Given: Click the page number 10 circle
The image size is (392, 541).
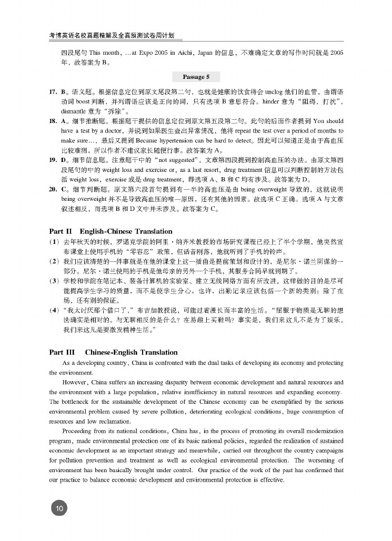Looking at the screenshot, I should click(58, 508).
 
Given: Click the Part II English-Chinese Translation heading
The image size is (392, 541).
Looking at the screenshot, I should click(110, 231).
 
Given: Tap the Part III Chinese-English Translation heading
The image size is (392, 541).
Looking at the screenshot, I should click(113, 352).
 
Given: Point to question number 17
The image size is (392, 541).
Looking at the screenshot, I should click(53, 92).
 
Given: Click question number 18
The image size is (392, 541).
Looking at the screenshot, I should click(53, 121).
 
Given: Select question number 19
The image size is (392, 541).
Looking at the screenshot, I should click(53, 159).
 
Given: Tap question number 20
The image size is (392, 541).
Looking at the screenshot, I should click(53, 188).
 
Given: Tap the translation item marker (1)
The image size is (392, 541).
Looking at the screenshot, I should click(54, 242).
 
